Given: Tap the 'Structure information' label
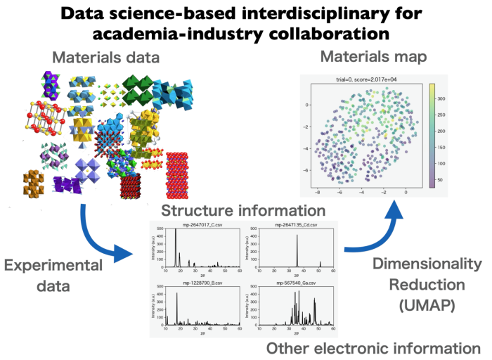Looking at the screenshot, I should point(243,210).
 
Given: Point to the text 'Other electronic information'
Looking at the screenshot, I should point(373,348).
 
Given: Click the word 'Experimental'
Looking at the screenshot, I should point(54,266).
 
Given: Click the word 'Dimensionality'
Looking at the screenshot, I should point(427,264).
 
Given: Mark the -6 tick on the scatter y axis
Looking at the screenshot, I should point(307,170).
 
